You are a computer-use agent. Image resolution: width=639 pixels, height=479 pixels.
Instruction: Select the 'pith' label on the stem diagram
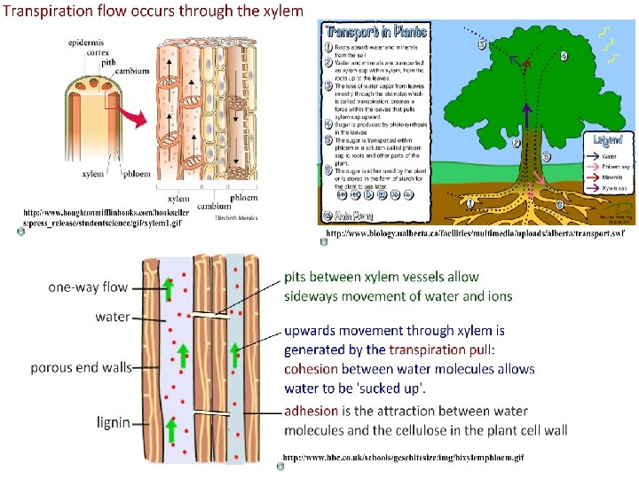[107, 62]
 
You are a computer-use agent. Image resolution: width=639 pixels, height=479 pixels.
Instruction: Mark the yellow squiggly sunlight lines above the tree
[608, 46]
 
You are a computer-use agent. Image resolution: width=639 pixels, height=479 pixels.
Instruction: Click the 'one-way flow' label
[88, 287]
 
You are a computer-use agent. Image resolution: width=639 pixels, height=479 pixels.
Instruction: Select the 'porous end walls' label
[81, 366]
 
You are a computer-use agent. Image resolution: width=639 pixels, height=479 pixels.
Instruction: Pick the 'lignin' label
[113, 423]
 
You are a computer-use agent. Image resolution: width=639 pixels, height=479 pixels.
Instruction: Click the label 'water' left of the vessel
[112, 317]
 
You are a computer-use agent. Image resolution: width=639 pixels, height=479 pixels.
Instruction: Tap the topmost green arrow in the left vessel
[168, 287]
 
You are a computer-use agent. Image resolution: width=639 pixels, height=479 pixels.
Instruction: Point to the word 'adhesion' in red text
[311, 411]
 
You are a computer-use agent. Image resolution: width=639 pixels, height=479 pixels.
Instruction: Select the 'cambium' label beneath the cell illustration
[214, 206]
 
